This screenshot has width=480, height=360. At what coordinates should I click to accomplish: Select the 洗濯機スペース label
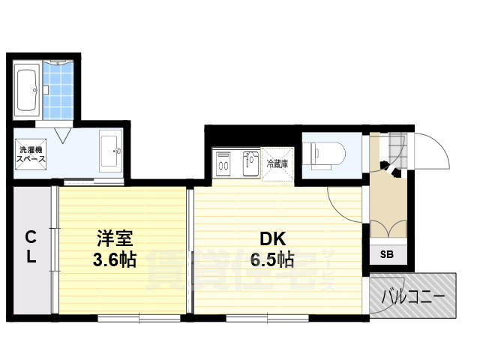click(31, 154)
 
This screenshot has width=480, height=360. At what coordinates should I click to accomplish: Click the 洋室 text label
click(115, 239)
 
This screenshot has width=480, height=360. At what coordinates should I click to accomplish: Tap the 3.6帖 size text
click(115, 260)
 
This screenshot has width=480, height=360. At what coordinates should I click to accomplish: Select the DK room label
click(271, 239)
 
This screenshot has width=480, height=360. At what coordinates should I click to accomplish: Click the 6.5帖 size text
click(271, 260)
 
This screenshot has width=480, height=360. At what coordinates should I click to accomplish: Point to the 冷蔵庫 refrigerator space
click(277, 162)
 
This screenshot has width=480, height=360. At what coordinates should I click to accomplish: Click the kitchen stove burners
click(223, 163)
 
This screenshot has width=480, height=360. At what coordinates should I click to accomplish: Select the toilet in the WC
click(325, 153)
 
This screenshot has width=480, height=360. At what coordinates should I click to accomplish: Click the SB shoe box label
click(388, 253)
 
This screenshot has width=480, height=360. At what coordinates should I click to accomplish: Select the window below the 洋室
click(139, 319)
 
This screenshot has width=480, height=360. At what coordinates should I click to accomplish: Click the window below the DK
click(267, 319)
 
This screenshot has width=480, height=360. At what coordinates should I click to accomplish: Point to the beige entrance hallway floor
click(388, 199)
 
